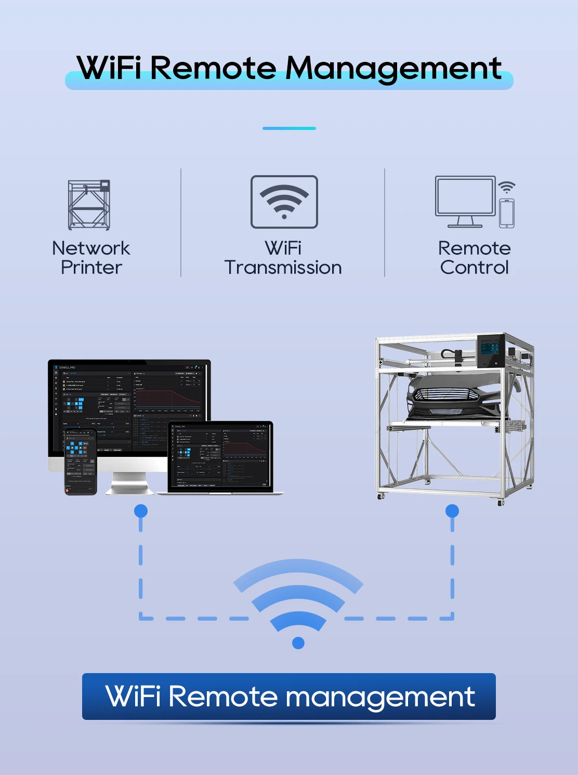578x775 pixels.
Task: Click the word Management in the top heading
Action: pyautogui.click(x=393, y=69)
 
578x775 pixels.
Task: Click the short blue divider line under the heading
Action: pyautogui.click(x=289, y=128)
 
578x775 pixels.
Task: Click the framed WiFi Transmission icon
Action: pyautogui.click(x=284, y=202)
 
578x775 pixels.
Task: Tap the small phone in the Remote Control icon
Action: pyautogui.click(x=507, y=213)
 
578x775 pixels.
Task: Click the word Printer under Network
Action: pyautogui.click(x=91, y=268)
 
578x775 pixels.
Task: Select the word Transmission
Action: pyautogui.click(x=283, y=268)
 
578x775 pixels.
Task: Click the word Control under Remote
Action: pyautogui.click(x=474, y=268)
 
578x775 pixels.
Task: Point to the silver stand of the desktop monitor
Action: pyautogui.click(x=130, y=483)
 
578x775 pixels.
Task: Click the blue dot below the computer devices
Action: pyautogui.click(x=141, y=511)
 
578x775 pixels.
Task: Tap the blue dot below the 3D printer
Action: pyautogui.click(x=452, y=511)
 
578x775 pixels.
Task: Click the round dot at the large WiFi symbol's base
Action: pyautogui.click(x=298, y=643)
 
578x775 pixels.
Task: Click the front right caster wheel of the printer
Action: pyautogui.click(x=501, y=502)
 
